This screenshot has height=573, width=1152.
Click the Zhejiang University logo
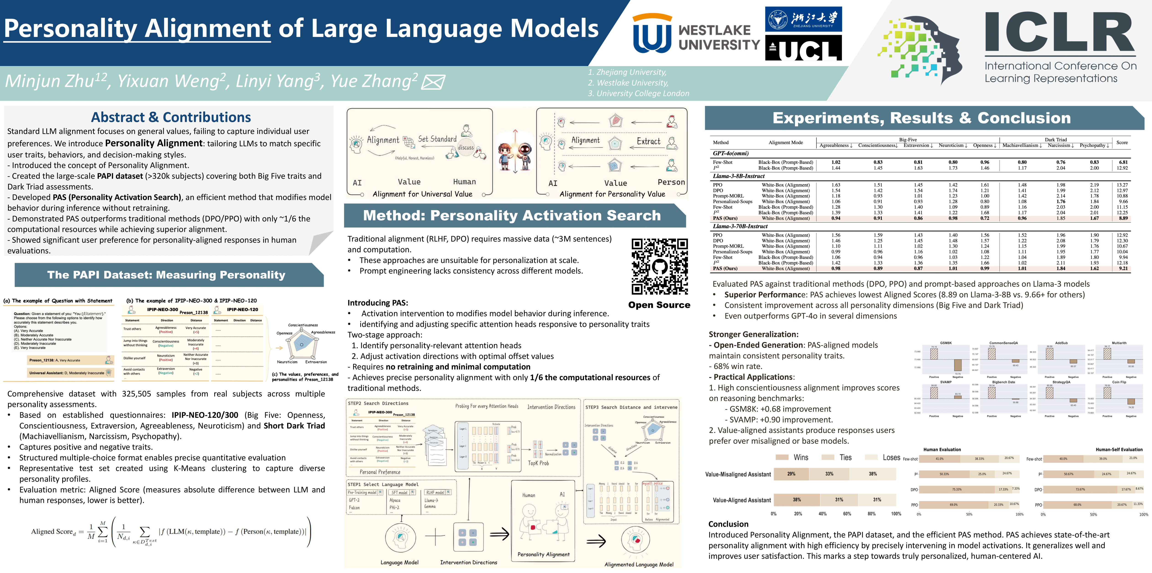[803, 19]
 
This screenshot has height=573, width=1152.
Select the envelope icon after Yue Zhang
[433, 82]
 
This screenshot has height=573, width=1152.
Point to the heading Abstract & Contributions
[171, 117]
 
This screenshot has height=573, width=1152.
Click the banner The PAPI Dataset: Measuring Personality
[166, 275]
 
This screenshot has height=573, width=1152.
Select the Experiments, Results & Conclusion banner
[921, 118]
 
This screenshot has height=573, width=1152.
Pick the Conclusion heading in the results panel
[728, 524]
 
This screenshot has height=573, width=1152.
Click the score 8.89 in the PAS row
[1123, 218]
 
